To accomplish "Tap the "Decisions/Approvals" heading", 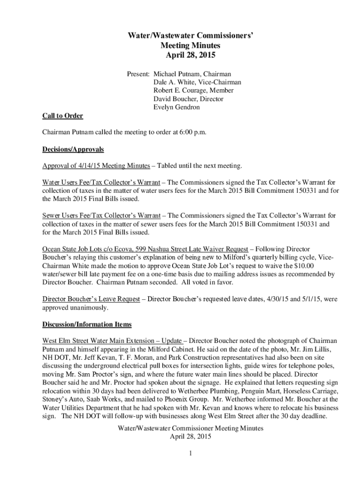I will point(73,150).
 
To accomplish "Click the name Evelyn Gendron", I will point(176,108).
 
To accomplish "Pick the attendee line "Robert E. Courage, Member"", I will point(194,91).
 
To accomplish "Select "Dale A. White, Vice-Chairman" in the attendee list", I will point(197,82).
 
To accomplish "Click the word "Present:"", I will point(138,74).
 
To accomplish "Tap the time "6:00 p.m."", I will point(193,132).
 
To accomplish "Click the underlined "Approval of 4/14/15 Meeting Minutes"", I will point(96,166).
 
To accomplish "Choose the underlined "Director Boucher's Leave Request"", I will point(91,299).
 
